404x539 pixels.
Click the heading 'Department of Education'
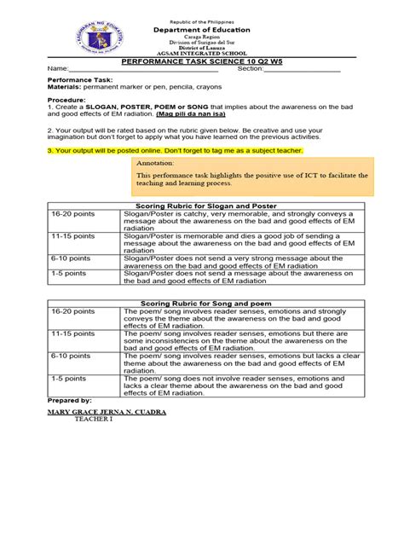click(202, 29)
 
